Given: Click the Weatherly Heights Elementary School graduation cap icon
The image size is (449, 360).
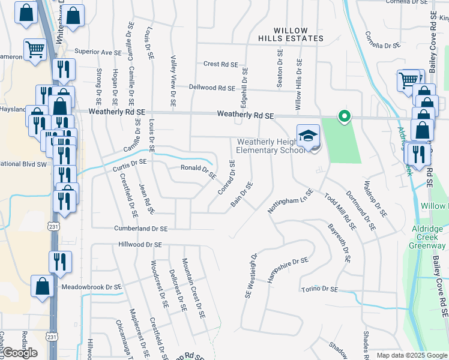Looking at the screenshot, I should [308, 136].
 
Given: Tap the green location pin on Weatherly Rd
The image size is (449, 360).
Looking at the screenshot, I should [343, 116].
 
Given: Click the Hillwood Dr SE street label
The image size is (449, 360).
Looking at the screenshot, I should [140, 245].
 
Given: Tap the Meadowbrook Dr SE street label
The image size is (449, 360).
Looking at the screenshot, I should [95, 287].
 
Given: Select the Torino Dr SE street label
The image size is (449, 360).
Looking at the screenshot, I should [319, 289].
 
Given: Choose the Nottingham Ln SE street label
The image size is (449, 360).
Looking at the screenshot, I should [291, 202].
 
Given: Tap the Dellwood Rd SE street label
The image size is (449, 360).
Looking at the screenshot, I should [212, 88].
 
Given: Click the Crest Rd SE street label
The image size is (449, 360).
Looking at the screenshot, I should [221, 64].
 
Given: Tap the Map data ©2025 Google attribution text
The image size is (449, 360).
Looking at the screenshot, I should [412, 355].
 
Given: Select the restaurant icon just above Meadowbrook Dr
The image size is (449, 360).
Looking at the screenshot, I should [60, 262].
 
